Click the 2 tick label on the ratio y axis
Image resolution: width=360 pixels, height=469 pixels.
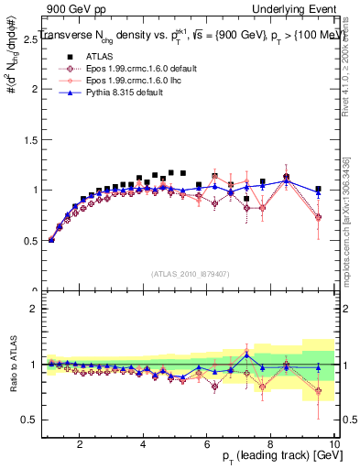35,309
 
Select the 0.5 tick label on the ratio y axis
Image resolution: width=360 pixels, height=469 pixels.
31,420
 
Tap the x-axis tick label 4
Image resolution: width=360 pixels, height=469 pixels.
144,444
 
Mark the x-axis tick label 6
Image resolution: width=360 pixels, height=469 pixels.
207,444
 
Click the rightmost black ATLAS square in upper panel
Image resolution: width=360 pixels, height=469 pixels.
318,190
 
